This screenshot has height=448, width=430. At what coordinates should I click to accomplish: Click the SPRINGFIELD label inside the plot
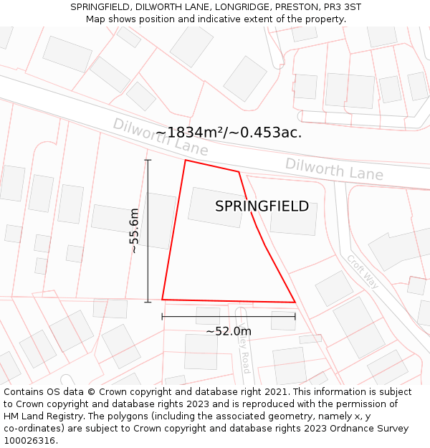point(262,206)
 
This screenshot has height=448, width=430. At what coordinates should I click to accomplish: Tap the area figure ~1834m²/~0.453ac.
point(229,133)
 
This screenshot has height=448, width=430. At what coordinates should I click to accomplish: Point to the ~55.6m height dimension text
point(134,230)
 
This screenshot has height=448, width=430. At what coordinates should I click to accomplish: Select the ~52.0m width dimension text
point(229,331)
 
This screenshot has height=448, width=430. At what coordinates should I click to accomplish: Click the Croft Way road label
point(362,272)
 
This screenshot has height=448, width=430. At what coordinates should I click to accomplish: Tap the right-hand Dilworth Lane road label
point(334,169)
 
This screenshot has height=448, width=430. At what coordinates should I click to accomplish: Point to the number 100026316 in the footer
point(29,441)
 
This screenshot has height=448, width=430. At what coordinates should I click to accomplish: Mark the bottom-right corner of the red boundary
point(295,302)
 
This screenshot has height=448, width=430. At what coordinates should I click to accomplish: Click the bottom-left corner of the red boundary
point(162,299)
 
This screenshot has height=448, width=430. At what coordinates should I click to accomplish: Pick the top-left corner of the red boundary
point(186,160)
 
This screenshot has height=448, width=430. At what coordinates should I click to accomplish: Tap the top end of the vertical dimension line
point(148,160)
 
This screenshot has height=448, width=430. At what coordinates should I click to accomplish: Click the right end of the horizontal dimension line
point(295,316)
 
